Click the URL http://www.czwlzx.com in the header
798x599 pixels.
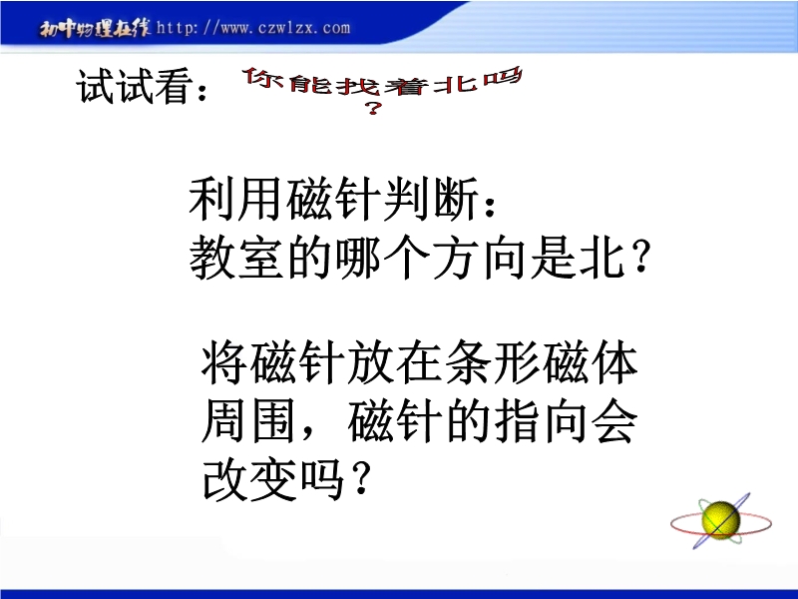coord(253,28)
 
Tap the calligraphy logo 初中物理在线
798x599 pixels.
coord(95,29)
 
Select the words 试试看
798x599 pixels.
coord(136,86)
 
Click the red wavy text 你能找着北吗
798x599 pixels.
coord(383,82)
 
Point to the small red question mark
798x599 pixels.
coord(373,108)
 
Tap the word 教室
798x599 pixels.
coord(236,258)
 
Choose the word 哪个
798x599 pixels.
coord(383,258)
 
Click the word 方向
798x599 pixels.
coord(480,258)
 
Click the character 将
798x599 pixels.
coord(223,363)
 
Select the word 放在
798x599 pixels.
coord(394,363)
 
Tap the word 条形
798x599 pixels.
coord(491,363)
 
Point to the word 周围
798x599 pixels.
coord(248,422)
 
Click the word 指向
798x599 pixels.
coord(541,422)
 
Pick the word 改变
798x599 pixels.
coord(248,480)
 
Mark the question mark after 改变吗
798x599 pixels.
coord(360,480)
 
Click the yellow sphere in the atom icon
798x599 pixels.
coord(720,520)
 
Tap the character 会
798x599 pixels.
coord(614,422)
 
